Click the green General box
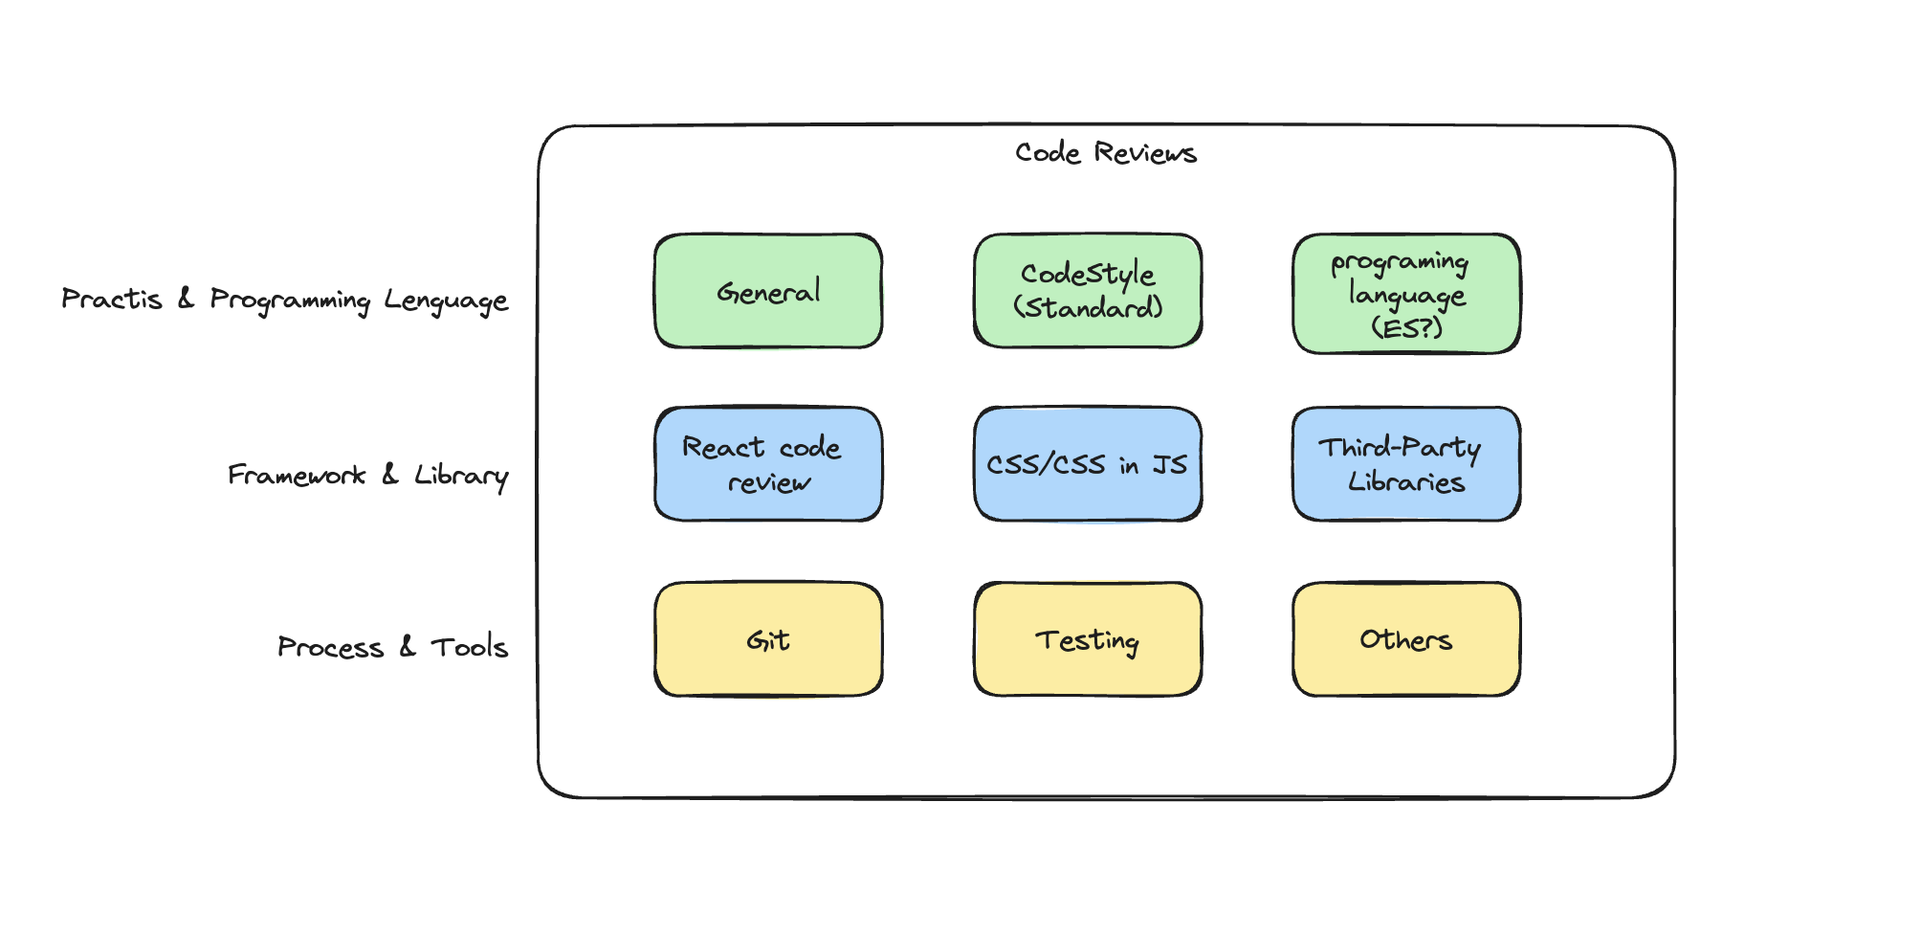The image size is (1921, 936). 768,291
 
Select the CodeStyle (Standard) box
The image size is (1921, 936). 1088,291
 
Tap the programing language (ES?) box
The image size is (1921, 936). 1406,294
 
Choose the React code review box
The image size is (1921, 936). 768,464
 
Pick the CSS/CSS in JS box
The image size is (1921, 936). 1088,464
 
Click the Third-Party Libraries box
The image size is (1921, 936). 1406,464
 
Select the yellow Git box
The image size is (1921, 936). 768,639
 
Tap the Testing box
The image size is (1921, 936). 1088,639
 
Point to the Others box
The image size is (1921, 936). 1406,639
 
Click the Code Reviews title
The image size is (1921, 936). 1106,153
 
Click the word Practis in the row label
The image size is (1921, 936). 112,299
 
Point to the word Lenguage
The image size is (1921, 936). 446,301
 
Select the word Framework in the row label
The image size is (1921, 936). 297,475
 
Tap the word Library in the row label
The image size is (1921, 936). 461,477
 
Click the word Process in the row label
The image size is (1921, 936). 331,648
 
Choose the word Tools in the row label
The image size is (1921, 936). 470,647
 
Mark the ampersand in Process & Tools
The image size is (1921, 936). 408,647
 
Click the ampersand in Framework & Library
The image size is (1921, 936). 389,474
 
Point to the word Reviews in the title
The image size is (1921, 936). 1146,153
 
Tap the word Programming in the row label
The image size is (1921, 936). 290,301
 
